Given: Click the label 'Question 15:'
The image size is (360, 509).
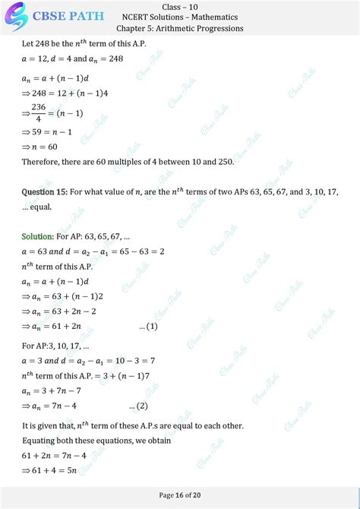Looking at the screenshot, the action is click(x=44, y=193).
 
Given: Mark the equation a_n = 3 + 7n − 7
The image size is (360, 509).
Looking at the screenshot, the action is click(x=55, y=390).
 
